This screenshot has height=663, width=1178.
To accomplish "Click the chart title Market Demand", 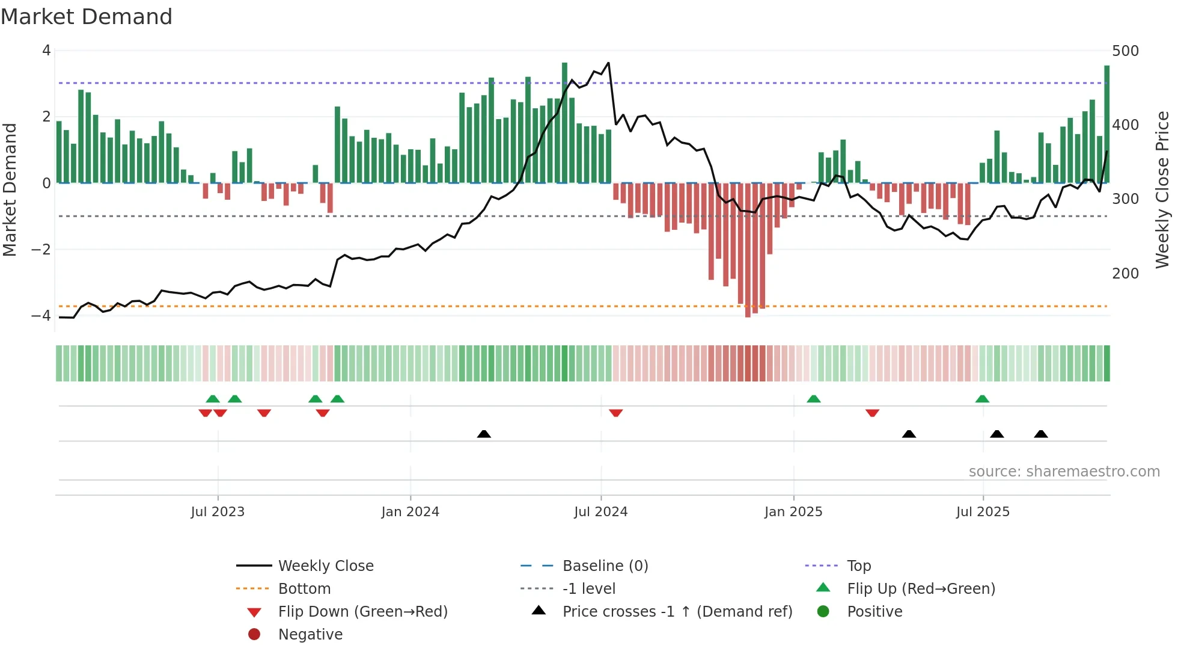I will (x=87, y=17).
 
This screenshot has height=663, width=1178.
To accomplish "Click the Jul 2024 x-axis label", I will (x=600, y=512).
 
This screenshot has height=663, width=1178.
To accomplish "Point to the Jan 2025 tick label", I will (x=793, y=512).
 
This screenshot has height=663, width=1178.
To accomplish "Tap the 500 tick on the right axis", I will (x=1125, y=51).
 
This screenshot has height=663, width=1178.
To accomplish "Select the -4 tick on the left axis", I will (x=41, y=315).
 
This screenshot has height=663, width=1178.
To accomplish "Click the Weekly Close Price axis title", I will (x=1162, y=190).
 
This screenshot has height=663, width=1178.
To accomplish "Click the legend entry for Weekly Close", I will (x=325, y=566).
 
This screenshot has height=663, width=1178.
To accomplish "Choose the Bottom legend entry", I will (x=304, y=589).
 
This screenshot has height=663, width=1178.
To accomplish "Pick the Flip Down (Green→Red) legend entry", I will (x=362, y=612).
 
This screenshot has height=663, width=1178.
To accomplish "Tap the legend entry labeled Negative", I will (x=310, y=635).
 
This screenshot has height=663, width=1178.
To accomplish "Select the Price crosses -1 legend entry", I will (x=677, y=612).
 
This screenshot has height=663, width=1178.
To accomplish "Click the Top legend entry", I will (x=858, y=566).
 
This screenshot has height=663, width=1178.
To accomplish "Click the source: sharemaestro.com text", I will (x=1064, y=472).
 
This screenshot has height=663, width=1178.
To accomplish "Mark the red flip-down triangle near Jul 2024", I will (x=615, y=413).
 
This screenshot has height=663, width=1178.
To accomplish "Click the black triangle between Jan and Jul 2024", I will (x=484, y=434).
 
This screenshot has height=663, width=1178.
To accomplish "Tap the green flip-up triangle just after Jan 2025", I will (x=813, y=399).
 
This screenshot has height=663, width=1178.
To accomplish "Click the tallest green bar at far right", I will (x=1106, y=123).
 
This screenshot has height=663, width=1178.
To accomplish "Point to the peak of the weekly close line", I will (x=608, y=63).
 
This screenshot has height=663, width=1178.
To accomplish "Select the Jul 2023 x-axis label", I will (x=218, y=512).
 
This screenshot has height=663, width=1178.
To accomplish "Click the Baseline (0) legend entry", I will (x=605, y=566).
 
